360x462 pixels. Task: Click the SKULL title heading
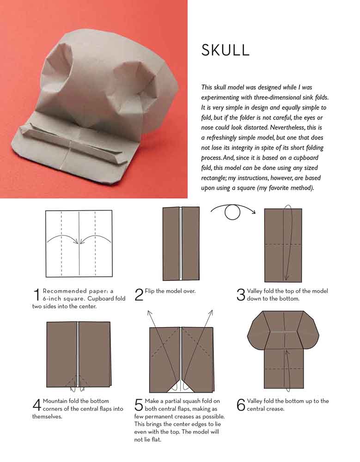(225, 50)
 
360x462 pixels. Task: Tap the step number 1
(37, 295)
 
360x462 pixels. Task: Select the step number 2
(139, 295)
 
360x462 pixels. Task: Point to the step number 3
(241, 295)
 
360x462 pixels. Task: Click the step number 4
(37, 405)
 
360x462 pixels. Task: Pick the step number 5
(139, 405)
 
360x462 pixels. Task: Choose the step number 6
(241, 405)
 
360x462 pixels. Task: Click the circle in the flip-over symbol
(232, 212)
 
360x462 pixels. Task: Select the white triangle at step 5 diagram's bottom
(181, 386)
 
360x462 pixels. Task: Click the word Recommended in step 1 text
(65, 291)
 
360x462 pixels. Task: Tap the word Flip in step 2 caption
(149, 291)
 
